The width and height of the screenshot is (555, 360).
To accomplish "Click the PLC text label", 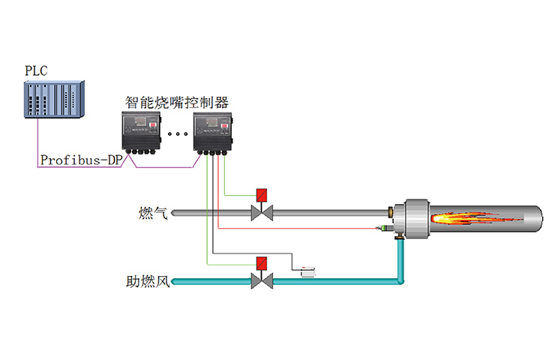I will coord(35,71).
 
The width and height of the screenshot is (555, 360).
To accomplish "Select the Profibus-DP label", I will coord(80,160).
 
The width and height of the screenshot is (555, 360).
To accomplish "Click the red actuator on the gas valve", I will coord(262,195).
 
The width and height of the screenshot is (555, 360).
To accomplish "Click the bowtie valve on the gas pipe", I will coord(262,214).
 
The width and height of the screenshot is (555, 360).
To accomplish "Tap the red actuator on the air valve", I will coord(262,263).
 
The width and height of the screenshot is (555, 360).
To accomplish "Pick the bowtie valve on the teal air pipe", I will coord(262,282).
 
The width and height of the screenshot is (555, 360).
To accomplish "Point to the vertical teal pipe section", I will coord(400,259).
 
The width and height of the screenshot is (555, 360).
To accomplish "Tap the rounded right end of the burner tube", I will coord(537,218).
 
